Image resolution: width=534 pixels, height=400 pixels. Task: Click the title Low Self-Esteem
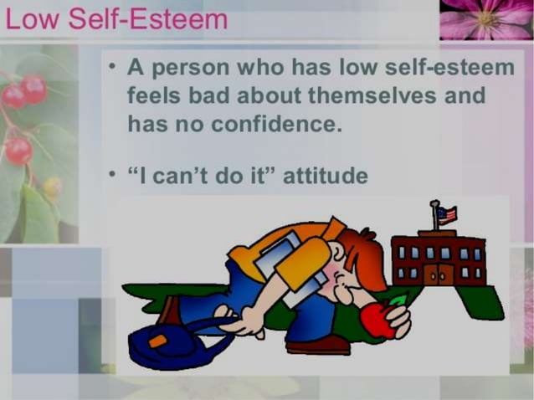(x=116, y=19)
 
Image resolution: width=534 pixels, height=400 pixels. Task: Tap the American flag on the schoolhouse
(x=446, y=214)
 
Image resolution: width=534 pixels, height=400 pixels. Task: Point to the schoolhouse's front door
(x=436, y=274)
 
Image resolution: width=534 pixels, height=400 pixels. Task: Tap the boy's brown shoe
(x=317, y=344)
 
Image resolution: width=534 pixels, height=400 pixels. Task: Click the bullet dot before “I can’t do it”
(x=111, y=175)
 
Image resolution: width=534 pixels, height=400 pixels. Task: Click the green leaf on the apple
(x=398, y=300)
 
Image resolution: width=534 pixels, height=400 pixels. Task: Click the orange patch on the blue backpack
(x=157, y=341)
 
